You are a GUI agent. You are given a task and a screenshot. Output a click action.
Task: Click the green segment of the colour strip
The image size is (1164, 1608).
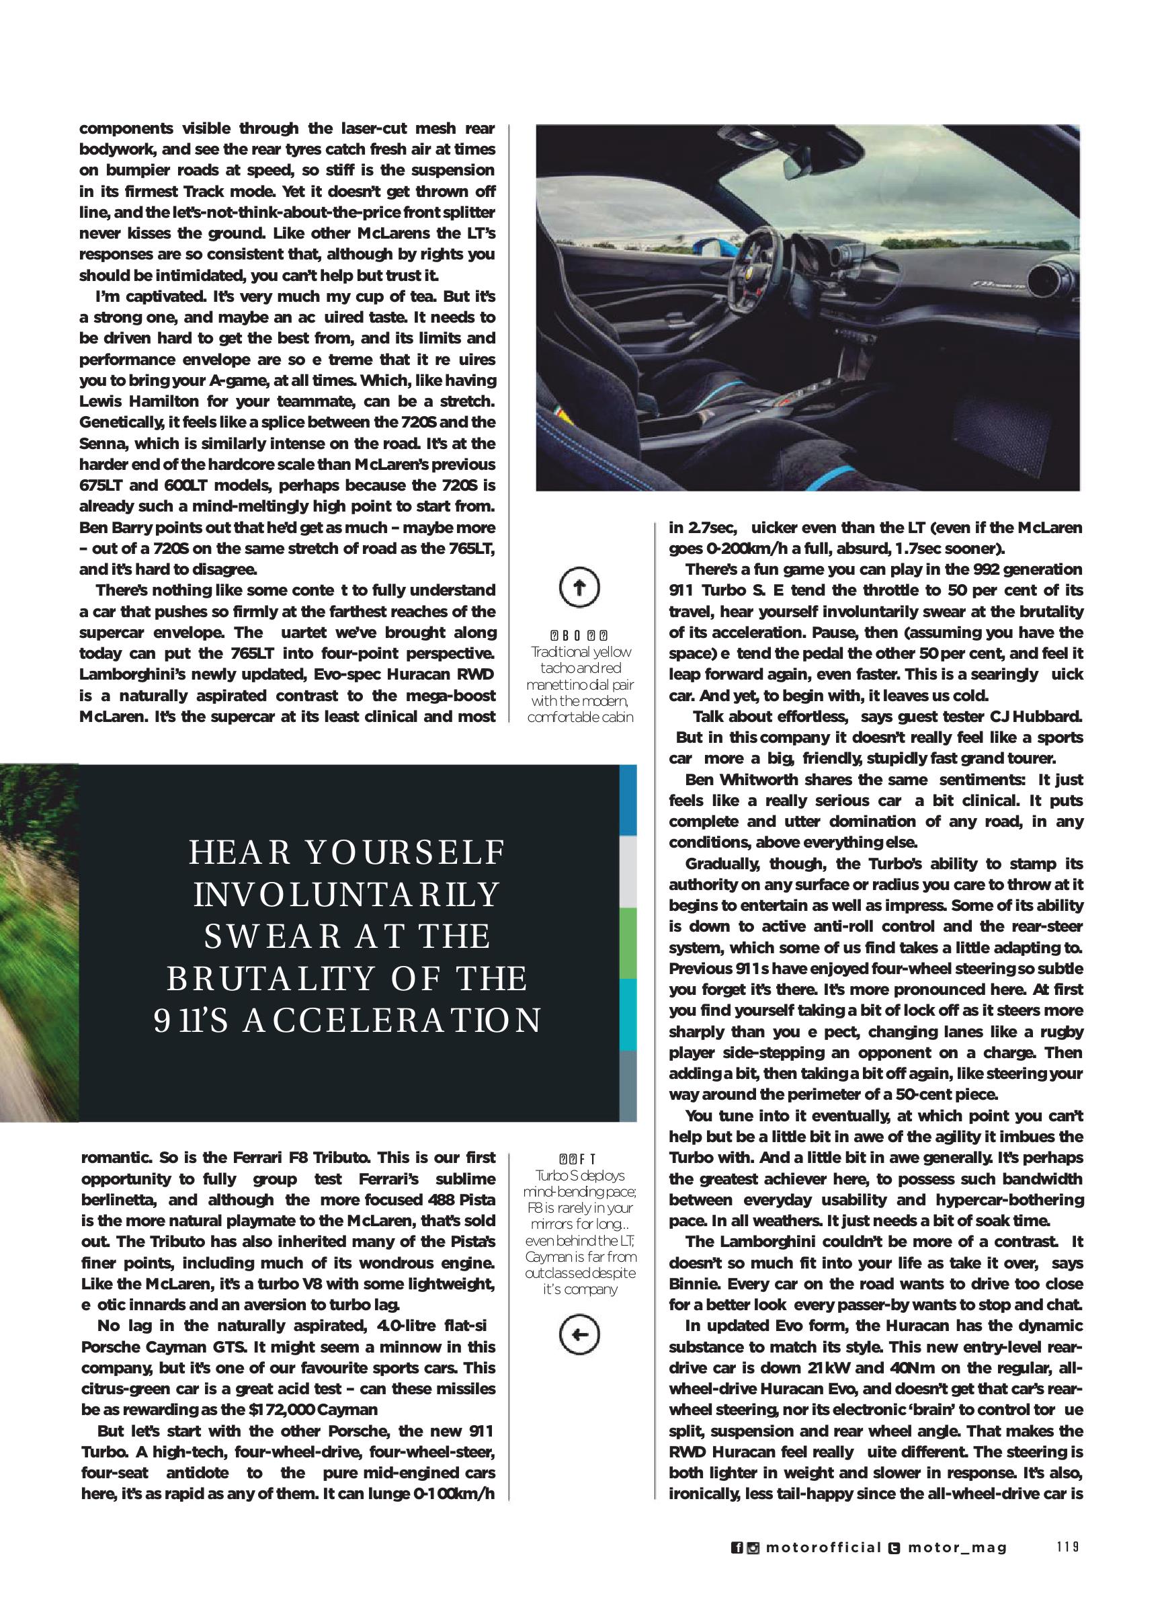coord(628,943)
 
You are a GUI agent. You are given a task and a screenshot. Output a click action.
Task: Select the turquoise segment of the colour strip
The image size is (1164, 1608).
coord(628,1014)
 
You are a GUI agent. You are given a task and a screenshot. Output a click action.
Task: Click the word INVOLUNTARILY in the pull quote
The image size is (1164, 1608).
coord(347,895)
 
